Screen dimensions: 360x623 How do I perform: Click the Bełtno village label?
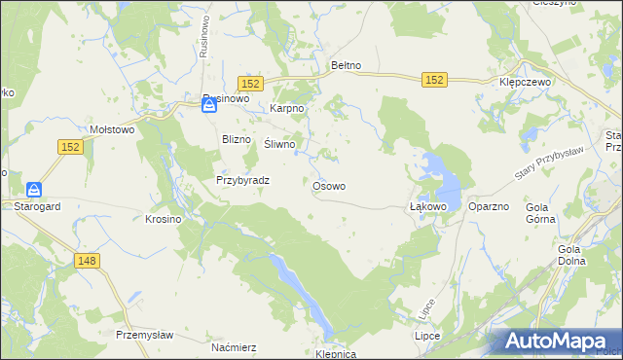click(x=347, y=65)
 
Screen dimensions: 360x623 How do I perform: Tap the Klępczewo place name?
click(x=525, y=83)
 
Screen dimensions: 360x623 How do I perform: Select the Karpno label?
click(x=288, y=109)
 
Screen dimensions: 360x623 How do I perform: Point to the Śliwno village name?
click(x=280, y=144)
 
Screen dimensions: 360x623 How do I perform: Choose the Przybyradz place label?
click(x=242, y=180)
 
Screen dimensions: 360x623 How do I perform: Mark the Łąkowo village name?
click(x=427, y=207)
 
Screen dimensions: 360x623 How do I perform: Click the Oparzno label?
click(x=489, y=207)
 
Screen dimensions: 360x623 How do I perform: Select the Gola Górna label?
click(x=540, y=213)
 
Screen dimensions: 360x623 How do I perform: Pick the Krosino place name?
click(x=164, y=220)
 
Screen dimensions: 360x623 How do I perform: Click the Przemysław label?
click(x=144, y=335)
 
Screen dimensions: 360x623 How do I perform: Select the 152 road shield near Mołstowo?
click(x=68, y=146)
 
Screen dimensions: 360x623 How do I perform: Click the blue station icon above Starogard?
click(x=34, y=190)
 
